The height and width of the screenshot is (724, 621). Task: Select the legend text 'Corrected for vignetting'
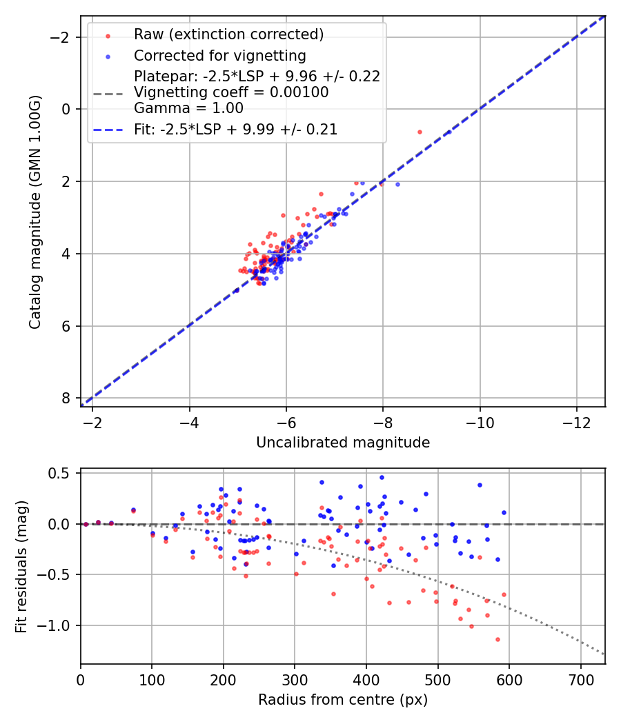[219, 55]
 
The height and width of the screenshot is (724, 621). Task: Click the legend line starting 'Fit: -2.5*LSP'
[235, 130]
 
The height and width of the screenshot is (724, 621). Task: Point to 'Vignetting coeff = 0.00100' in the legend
[231, 92]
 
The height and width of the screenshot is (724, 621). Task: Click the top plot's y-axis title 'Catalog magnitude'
[35, 212]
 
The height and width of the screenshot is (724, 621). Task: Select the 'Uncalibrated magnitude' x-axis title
[343, 443]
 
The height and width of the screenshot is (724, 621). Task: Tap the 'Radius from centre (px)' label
[343, 700]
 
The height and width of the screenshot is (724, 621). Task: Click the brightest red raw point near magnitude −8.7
[420, 132]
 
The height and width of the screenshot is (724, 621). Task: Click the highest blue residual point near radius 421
[382, 477]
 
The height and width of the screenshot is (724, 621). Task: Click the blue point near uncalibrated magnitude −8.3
[397, 184]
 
